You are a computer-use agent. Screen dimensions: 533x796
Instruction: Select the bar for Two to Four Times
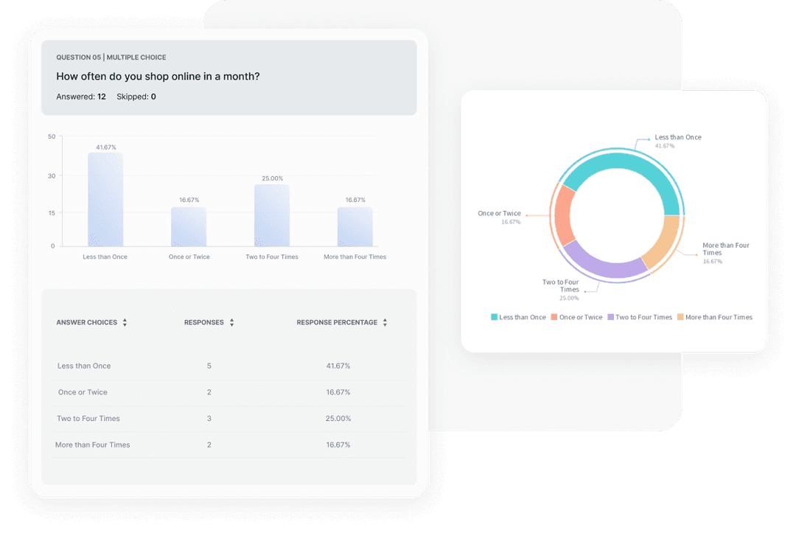point(272,215)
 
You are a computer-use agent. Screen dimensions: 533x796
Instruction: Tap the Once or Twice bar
point(189,226)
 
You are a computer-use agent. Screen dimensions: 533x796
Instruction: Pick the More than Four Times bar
point(355,226)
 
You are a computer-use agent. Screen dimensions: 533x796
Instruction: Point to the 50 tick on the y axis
point(52,136)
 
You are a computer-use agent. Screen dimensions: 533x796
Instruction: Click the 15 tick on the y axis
point(52,213)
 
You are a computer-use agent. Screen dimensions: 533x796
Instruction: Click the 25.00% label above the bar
point(272,178)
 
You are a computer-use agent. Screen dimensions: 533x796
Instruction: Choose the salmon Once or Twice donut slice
point(565,216)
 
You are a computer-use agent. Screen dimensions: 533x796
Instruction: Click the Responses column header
point(204,323)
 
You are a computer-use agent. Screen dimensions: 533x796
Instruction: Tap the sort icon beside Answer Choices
point(125,323)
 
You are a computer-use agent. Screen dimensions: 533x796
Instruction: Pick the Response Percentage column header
point(337,323)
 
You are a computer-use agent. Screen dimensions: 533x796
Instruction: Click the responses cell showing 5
point(209,366)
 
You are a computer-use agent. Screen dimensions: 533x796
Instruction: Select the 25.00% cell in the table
point(338,419)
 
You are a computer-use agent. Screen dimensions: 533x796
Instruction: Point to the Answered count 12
point(102,97)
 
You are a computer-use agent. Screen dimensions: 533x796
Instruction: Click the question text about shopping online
point(158,76)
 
